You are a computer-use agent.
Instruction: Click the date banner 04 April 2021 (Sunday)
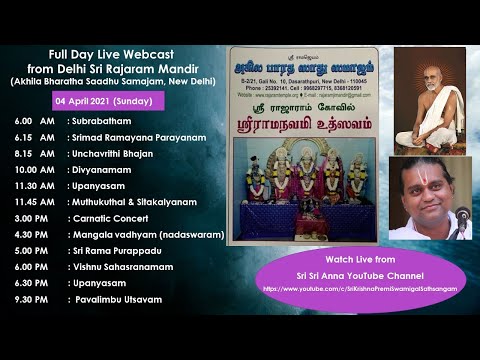click(105, 101)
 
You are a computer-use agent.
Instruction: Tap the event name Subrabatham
click(103, 121)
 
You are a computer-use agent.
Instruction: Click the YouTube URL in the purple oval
click(354, 289)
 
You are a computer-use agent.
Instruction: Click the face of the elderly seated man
click(434, 73)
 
